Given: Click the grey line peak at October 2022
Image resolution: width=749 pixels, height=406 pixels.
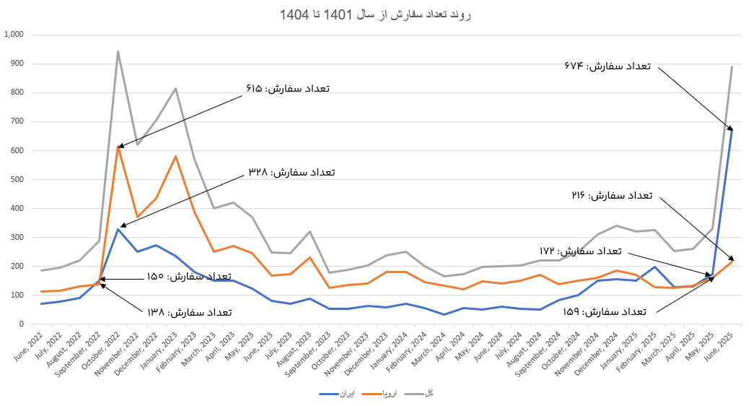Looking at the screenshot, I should [x=118, y=51].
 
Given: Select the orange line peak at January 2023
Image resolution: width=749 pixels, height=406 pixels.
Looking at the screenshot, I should [x=175, y=156].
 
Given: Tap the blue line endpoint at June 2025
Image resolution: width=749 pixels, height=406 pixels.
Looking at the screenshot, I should [x=732, y=129].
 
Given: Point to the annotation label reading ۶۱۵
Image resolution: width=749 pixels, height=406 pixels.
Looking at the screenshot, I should [x=287, y=89].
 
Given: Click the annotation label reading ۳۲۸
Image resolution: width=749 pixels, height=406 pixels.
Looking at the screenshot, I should [x=292, y=172].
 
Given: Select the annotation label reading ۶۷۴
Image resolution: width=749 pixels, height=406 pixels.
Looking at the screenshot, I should [x=608, y=66].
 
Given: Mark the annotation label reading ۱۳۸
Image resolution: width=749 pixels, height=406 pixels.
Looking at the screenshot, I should [x=190, y=312].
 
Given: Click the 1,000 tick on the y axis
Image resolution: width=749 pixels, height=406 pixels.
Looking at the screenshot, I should [x=14, y=35].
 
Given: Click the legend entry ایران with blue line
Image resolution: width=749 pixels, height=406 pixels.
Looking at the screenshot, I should [x=338, y=394].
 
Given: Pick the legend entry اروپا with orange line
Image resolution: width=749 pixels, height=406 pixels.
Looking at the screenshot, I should [x=379, y=394].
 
